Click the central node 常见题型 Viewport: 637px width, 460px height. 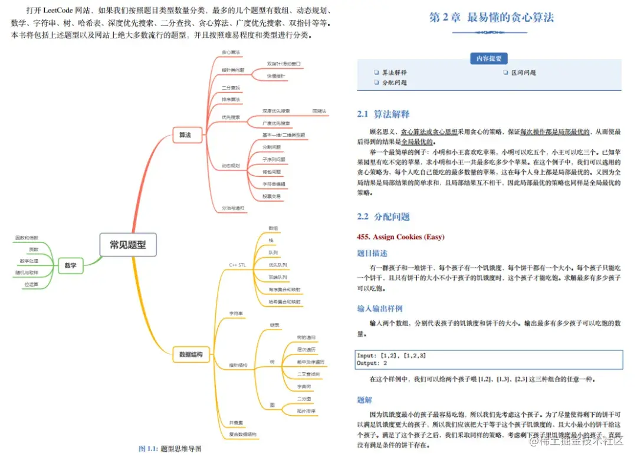tap(128, 245)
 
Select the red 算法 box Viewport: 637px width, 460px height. tap(185, 135)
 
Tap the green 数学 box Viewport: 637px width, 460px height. tap(70, 265)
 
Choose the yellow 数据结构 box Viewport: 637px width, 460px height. tap(191, 354)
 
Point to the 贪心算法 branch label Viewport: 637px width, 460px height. tap(231, 52)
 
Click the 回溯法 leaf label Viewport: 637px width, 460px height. tap(319, 111)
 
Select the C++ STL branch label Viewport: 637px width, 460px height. tap(237, 265)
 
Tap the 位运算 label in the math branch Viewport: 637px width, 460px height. tap(31, 284)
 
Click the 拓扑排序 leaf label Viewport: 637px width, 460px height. tap(306, 410)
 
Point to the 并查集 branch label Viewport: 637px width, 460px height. tap(237, 422)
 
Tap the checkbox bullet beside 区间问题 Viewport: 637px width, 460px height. tap(505, 73)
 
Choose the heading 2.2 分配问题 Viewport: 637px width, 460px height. tap(383, 216)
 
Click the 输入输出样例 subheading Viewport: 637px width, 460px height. tap(380, 308)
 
